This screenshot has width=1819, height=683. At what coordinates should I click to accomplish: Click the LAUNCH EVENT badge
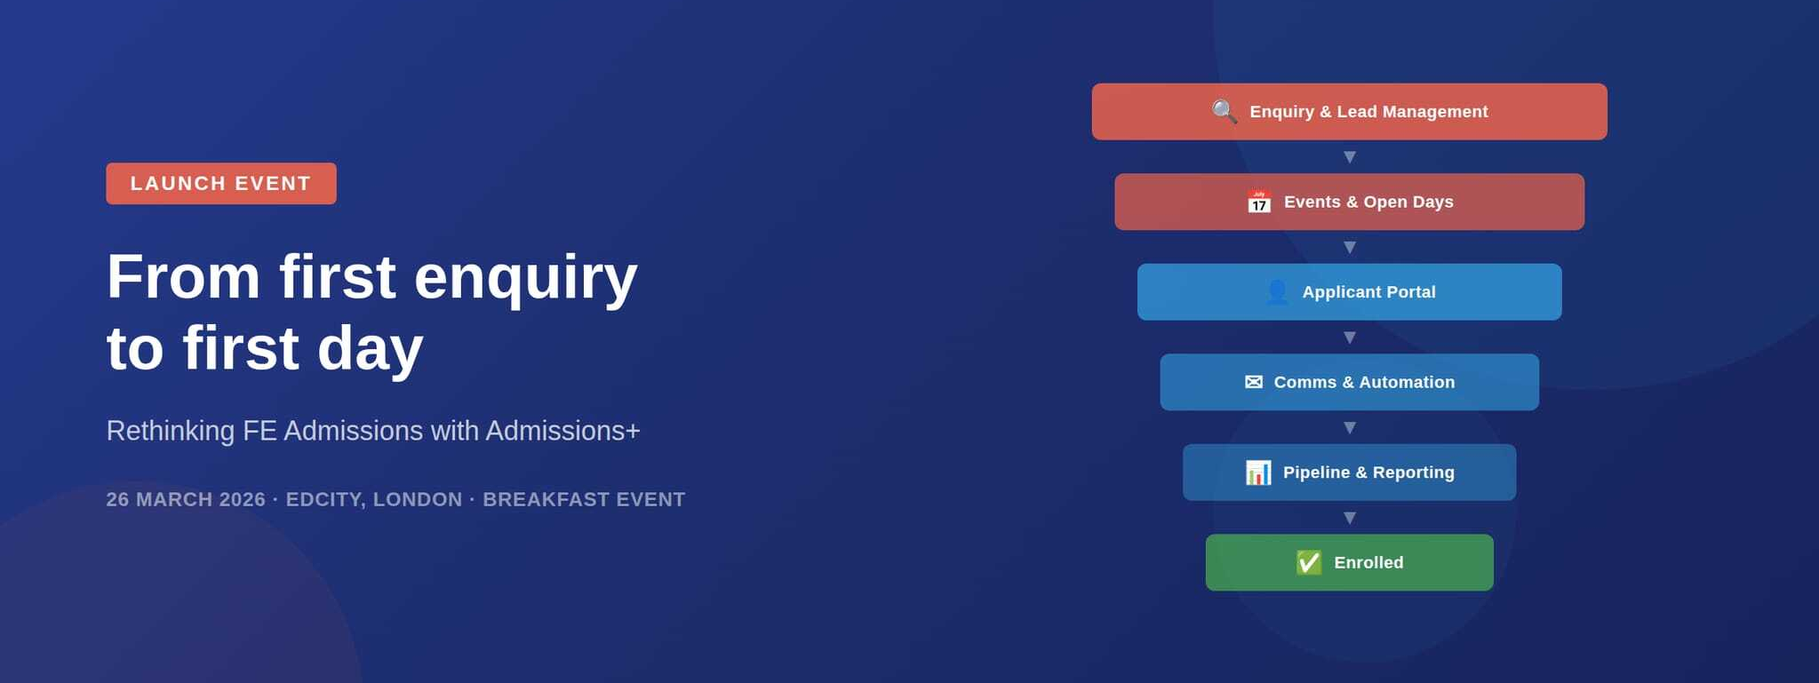coord(221,183)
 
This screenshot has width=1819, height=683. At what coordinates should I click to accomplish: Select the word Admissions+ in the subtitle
coord(562,431)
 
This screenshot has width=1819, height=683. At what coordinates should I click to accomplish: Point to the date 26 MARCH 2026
coord(186,499)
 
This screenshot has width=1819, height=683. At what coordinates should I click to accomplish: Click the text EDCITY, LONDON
coord(374,499)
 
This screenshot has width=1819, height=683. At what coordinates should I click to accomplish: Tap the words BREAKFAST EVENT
coord(584,499)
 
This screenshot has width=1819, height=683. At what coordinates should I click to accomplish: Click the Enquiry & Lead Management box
coord(1349,112)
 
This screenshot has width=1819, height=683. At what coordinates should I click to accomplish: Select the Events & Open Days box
coord(1349,202)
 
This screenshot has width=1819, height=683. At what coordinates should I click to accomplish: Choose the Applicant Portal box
coord(1349,292)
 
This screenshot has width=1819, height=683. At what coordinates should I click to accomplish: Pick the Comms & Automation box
coord(1349,382)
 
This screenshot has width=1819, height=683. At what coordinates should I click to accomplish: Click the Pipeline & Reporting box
coord(1349,473)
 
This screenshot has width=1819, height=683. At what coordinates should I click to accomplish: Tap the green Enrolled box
coord(1349,562)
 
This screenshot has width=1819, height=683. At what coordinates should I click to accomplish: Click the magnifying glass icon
coord(1225,112)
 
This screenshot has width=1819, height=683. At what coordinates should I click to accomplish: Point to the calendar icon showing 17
coord(1259,202)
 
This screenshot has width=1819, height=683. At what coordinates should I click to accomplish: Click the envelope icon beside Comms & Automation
coord(1254,382)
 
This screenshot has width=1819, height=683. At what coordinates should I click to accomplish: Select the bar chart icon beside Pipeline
coord(1258,473)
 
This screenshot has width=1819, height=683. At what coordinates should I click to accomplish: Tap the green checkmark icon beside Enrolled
coord(1309,562)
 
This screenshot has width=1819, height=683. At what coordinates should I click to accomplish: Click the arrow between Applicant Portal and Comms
coord(1350,338)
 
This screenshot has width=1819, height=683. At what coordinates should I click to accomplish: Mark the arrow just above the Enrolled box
coord(1350,518)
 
